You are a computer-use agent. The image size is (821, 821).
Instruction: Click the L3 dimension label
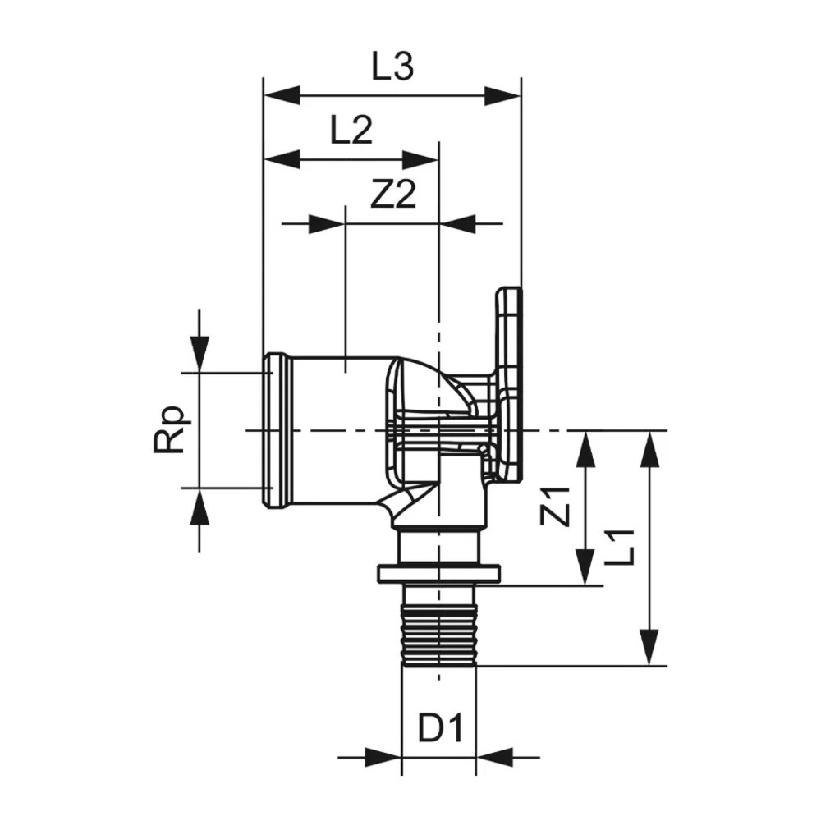(x=392, y=67)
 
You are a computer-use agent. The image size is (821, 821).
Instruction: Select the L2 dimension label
(x=351, y=130)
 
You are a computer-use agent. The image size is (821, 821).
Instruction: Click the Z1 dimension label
(x=557, y=506)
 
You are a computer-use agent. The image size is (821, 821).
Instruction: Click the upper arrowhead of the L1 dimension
(x=650, y=449)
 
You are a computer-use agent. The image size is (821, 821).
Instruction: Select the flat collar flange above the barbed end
(x=439, y=574)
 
